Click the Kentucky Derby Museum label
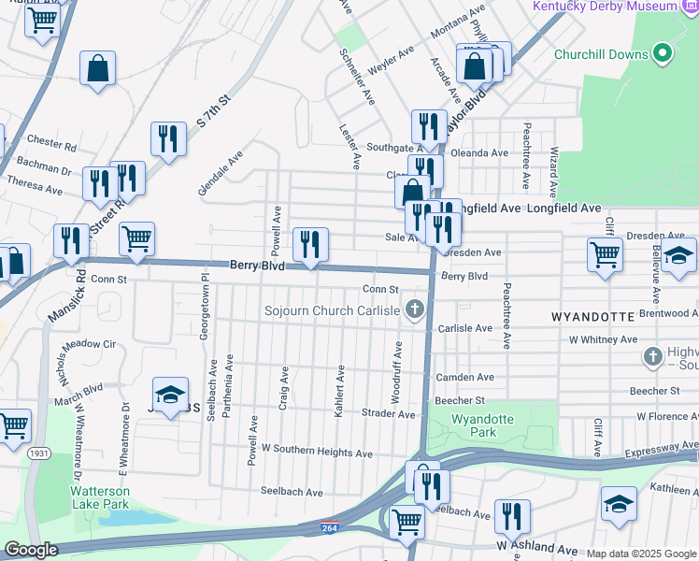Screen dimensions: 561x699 (604, 7)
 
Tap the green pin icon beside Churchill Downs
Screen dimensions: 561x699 (663, 53)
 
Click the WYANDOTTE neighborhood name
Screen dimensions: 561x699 (593, 317)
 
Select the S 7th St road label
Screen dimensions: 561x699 (213, 110)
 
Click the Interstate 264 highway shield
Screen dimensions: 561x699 (329, 528)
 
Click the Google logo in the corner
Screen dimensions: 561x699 (31, 550)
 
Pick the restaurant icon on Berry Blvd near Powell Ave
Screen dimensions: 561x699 (309, 245)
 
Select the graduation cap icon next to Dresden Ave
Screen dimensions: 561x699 (680, 253)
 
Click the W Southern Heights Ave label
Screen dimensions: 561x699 (317, 453)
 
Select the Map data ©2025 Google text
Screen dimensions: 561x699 (640, 554)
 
